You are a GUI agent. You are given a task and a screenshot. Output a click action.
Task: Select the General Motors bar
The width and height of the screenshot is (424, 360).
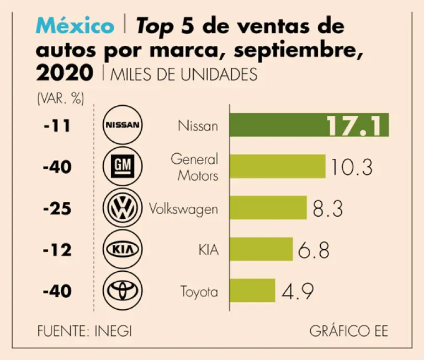[x=277, y=166]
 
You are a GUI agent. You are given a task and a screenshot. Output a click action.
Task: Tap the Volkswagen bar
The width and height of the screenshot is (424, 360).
[x=268, y=208]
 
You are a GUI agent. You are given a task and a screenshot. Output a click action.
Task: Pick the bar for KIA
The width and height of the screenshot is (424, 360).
[x=261, y=249]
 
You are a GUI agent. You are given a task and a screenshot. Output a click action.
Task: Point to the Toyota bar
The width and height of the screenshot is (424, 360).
[x=252, y=290]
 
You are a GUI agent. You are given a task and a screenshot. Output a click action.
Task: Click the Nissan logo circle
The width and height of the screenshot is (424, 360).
[x=123, y=125]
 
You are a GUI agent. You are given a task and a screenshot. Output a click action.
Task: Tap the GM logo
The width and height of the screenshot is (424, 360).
[x=123, y=166]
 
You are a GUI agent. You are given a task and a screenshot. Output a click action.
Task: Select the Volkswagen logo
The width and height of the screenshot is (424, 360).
[x=123, y=208]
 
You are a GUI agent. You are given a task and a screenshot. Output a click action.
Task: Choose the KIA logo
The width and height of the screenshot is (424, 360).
[x=123, y=250]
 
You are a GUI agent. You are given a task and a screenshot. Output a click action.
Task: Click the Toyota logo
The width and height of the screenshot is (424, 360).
[x=123, y=291]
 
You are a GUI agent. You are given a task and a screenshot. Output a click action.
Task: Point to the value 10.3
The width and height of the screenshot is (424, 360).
[x=352, y=167]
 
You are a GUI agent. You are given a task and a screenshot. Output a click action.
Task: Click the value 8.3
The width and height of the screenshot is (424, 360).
[x=328, y=208]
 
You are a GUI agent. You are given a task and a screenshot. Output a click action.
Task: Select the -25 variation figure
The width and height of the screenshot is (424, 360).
[x=57, y=208]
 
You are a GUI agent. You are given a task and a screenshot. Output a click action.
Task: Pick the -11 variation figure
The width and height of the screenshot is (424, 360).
[x=57, y=126]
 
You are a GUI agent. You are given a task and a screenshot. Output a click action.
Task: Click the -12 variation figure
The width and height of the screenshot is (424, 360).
[x=57, y=250]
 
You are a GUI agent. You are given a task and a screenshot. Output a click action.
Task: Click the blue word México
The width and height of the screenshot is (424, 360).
[x=76, y=25]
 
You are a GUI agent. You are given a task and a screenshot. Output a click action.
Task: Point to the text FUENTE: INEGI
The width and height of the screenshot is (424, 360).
[x=84, y=331]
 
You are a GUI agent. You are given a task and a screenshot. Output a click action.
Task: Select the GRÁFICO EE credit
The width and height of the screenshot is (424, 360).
[x=348, y=331]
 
